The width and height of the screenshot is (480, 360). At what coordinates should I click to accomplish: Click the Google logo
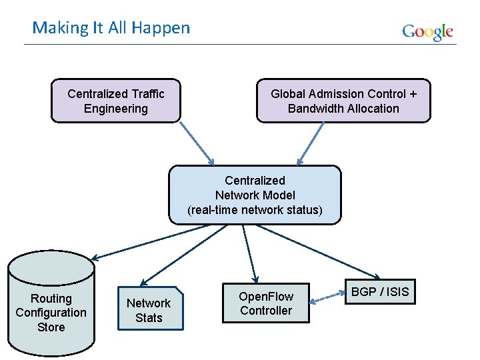point(427,32)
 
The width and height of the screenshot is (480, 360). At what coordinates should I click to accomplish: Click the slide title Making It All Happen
point(111,28)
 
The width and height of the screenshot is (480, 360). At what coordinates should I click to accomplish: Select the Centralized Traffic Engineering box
point(116,101)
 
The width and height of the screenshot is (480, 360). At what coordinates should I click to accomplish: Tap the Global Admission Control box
point(343,101)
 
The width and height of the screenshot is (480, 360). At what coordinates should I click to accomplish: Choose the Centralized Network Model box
point(255,195)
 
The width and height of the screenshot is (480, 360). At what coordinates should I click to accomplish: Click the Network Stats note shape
point(149,310)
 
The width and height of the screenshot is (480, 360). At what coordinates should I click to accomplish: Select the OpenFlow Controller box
point(266,303)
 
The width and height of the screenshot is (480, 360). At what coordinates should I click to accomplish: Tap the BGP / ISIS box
point(380,291)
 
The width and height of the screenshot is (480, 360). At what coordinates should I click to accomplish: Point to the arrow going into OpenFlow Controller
point(250,253)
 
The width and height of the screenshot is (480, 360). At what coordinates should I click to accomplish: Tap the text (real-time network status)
point(255,210)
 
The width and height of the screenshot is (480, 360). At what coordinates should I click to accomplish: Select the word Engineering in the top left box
point(116,109)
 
